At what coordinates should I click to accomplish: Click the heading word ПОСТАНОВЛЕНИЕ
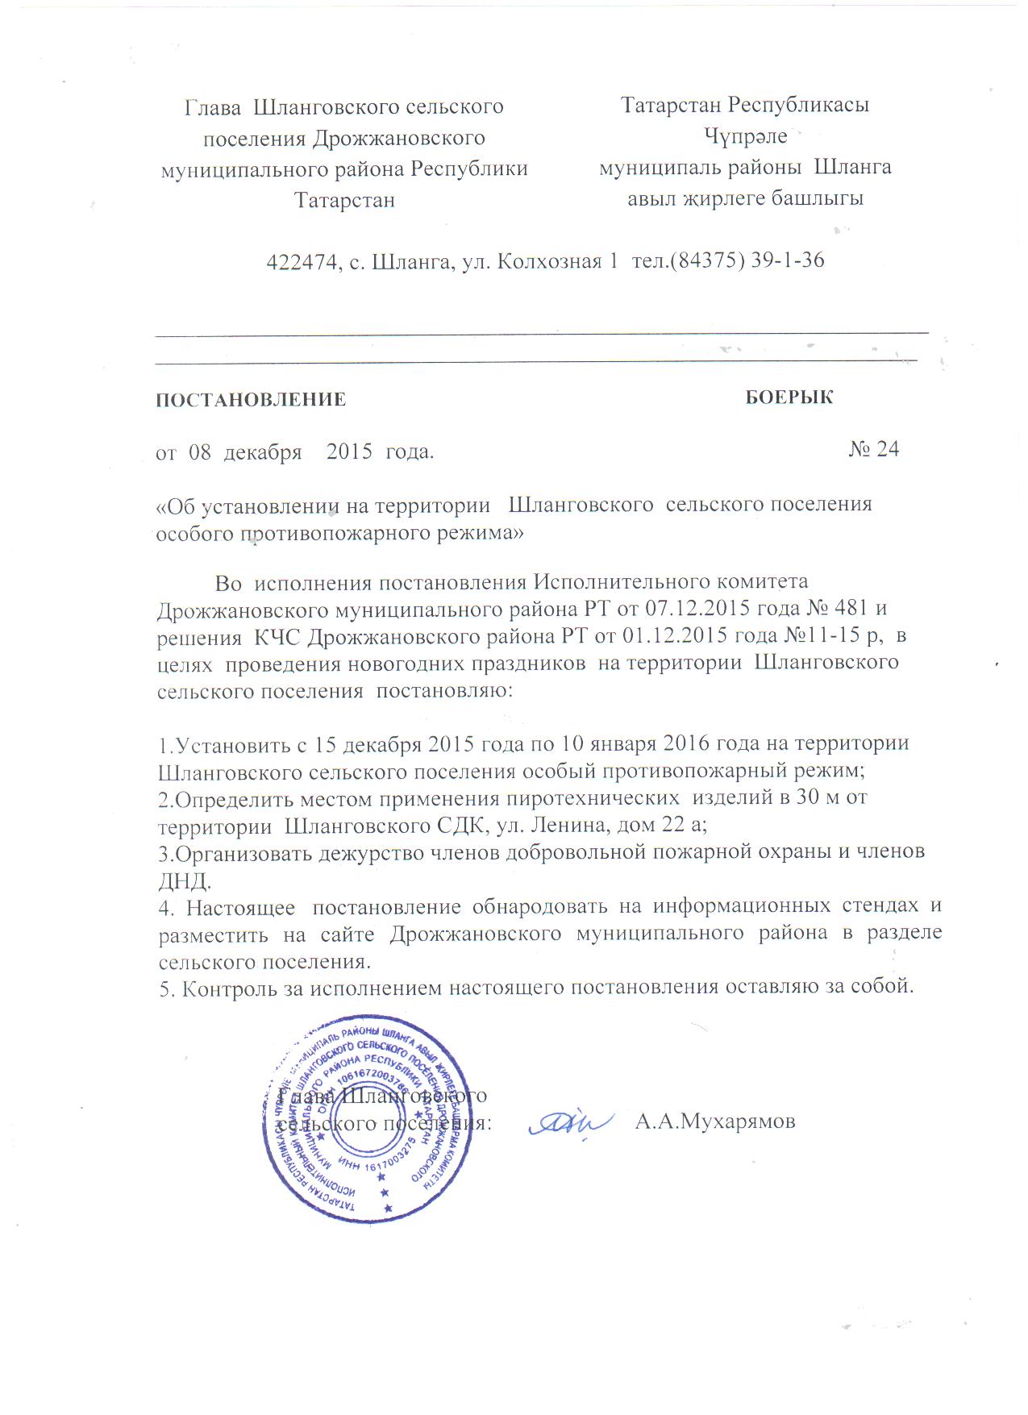(x=251, y=400)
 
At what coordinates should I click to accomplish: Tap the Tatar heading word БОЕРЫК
(x=789, y=397)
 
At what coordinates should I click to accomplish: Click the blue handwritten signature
(x=567, y=1123)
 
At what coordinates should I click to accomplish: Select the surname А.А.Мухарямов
(x=715, y=1122)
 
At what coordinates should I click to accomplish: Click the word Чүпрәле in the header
(x=745, y=137)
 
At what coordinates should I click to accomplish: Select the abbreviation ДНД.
(x=184, y=880)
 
